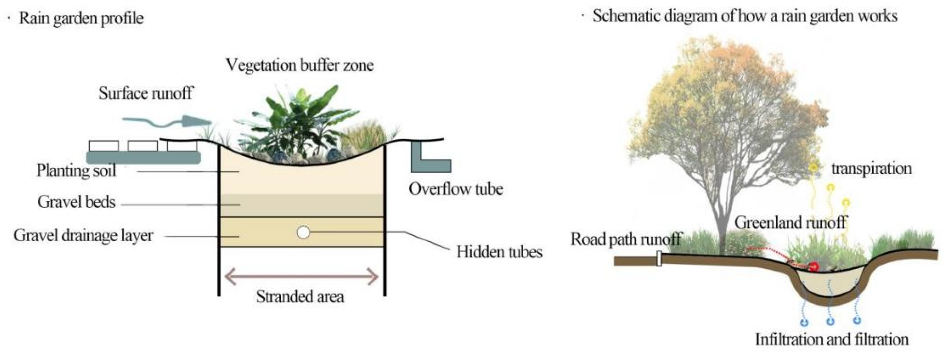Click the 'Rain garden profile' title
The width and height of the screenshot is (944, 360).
pyautogui.click(x=81, y=18)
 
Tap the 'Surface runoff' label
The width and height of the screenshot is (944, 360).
pyautogui.click(x=145, y=93)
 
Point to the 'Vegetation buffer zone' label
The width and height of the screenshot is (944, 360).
pyautogui.click(x=300, y=65)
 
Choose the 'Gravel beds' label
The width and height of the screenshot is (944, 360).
pyautogui.click(x=76, y=202)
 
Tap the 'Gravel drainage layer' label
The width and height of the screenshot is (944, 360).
pyautogui.click(x=83, y=235)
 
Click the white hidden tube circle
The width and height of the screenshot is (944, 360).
pyautogui.click(x=303, y=232)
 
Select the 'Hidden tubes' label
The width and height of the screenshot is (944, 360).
pyautogui.click(x=499, y=252)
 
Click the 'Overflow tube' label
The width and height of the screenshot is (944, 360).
pyautogui.click(x=456, y=189)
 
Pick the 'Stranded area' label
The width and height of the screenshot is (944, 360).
pyautogui.click(x=300, y=297)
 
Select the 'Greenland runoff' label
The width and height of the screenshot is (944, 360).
pyautogui.click(x=790, y=223)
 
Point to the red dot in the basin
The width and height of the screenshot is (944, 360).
pyautogui.click(x=813, y=267)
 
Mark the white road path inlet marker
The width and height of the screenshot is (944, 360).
pyautogui.click(x=659, y=258)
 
